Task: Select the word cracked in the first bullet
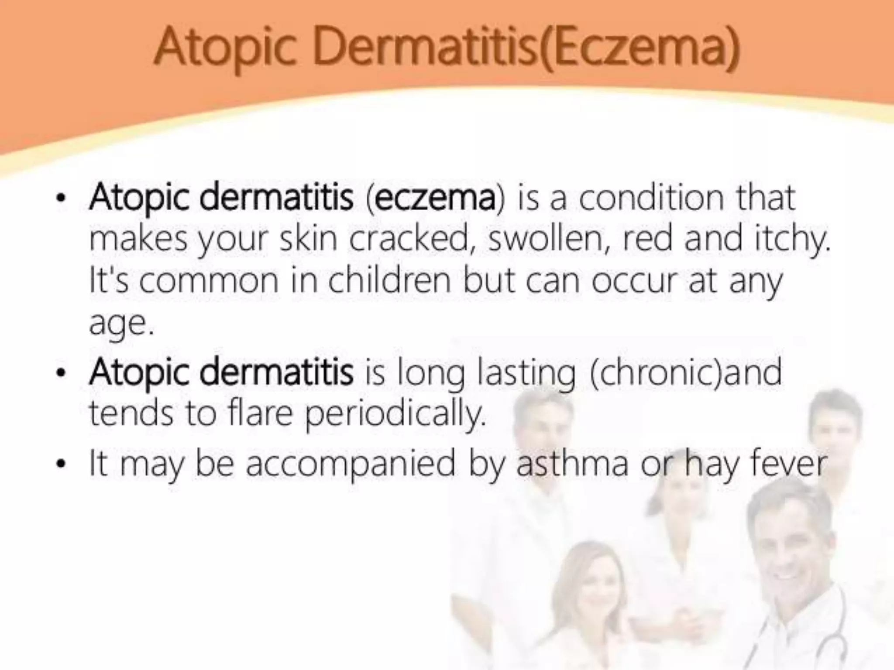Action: tap(409, 239)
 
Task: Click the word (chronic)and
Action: tap(685, 372)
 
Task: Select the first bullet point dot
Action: tap(61, 199)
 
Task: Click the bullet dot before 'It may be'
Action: tap(61, 464)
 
